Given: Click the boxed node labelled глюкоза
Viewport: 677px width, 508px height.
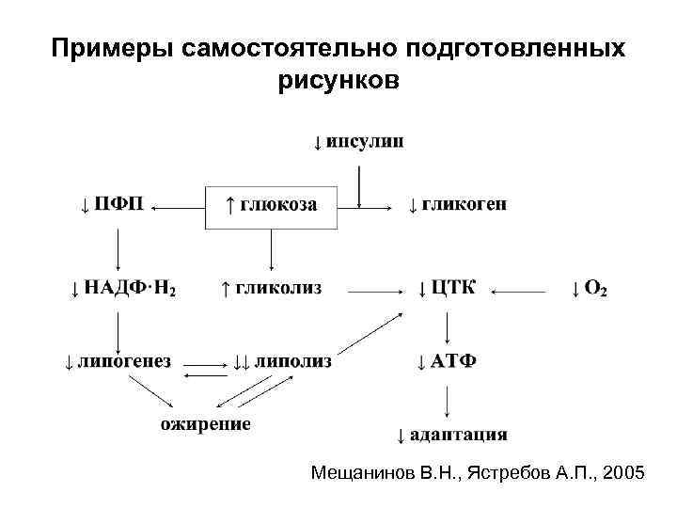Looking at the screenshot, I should (272, 205).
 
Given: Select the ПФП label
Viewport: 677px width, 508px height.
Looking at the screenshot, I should (113, 204).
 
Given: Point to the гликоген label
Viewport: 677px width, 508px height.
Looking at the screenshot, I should (458, 204).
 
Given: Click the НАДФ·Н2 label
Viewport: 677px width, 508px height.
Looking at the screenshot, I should (123, 288).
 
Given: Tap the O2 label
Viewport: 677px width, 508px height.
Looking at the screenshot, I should (590, 288).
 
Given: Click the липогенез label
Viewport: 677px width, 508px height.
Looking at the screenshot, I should (118, 361).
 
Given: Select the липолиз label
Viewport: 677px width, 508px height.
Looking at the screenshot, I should (282, 361).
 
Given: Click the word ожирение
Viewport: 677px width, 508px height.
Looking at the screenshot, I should (205, 424).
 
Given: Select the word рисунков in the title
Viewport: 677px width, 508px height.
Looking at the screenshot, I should (338, 81).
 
